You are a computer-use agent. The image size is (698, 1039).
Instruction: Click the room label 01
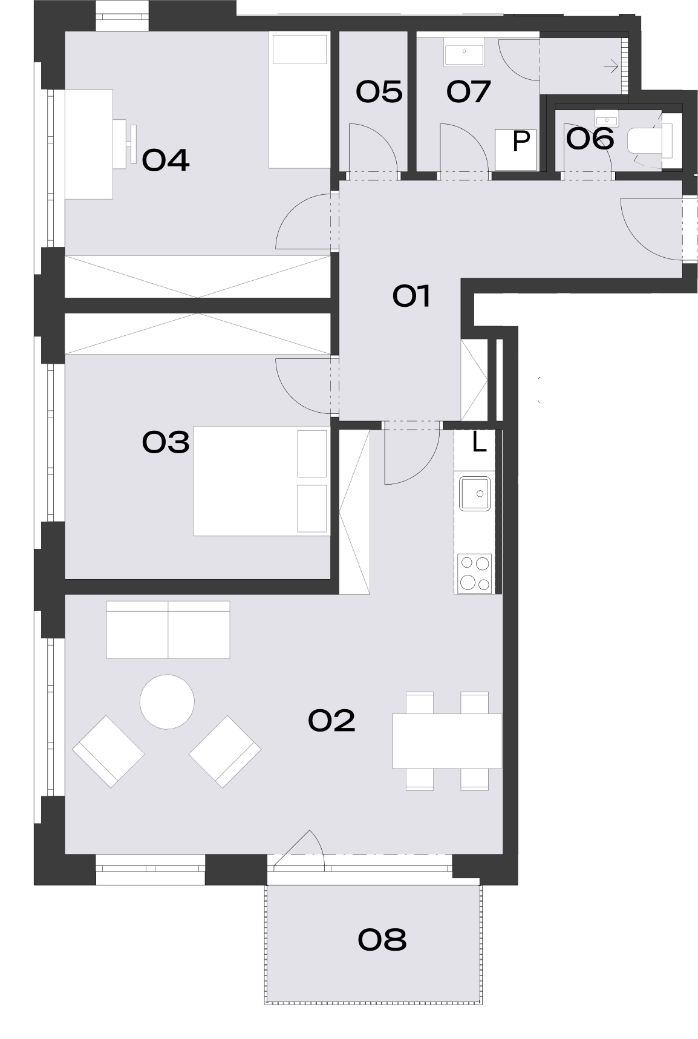tap(411, 297)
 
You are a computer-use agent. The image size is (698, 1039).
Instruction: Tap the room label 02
tap(331, 721)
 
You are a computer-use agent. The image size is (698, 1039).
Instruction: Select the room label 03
tap(166, 442)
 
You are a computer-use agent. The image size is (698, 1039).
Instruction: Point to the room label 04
tap(166, 160)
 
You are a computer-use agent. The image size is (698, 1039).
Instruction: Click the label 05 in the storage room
tap(379, 92)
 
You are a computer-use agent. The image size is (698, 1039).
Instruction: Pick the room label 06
tap(590, 139)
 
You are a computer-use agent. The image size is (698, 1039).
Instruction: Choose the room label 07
tap(468, 92)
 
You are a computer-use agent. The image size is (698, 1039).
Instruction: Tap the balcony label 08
tap(382, 940)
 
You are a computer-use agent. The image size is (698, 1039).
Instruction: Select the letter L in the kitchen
tap(479, 444)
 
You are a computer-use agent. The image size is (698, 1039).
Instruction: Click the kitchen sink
tap(474, 494)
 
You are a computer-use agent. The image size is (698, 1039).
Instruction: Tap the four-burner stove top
tap(474, 572)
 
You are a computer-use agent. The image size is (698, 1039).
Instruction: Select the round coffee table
tap(167, 702)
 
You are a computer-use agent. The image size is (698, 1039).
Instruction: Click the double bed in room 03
tap(261, 481)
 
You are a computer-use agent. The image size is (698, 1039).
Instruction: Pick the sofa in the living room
tap(168, 629)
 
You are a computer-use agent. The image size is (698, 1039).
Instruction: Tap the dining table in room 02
tap(447, 741)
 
